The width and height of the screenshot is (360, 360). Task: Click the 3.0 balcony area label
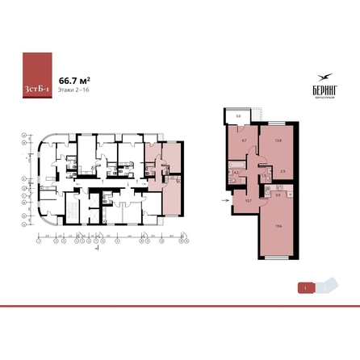click(x=238, y=117)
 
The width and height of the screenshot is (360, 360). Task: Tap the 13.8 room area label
click(x=278, y=140)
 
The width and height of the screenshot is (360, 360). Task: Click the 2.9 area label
click(x=283, y=170)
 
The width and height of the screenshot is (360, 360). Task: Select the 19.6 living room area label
click(x=278, y=227)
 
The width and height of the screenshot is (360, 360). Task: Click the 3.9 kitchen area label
click(x=278, y=195)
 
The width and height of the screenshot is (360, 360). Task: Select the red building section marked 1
click(x=305, y=287)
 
